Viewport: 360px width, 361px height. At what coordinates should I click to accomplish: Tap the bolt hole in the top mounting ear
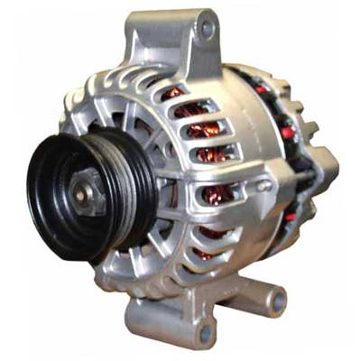tap(207, 29)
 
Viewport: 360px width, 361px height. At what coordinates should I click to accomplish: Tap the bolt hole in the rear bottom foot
tap(277, 299)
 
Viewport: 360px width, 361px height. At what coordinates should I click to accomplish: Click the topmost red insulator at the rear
tap(263, 89)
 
